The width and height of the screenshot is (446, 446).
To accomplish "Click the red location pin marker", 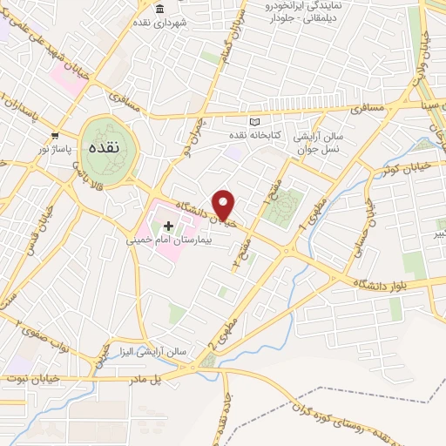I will click(x=225, y=205).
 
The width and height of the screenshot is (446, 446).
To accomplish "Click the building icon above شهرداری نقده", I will click(x=159, y=10).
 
